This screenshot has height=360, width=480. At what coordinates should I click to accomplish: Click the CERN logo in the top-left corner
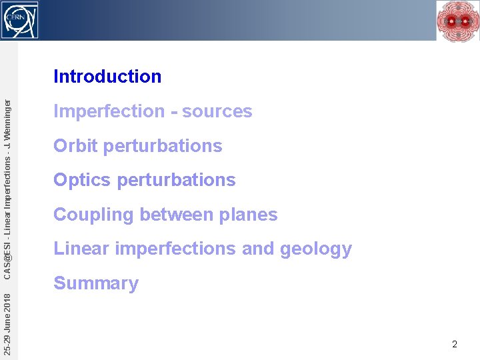(x=20, y=19)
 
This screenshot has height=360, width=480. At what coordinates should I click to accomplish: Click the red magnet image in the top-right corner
(x=458, y=20)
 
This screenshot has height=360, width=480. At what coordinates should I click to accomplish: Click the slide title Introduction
(x=107, y=77)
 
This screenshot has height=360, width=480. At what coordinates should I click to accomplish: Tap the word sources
(x=217, y=111)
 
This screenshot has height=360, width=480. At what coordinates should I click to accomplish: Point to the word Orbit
(x=75, y=146)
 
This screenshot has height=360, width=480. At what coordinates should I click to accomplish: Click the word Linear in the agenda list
(x=81, y=249)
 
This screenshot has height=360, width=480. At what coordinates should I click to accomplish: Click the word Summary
(x=96, y=283)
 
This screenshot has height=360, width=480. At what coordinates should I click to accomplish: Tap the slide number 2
(x=455, y=345)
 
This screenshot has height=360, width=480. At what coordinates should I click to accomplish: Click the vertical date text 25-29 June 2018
(x=7, y=319)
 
